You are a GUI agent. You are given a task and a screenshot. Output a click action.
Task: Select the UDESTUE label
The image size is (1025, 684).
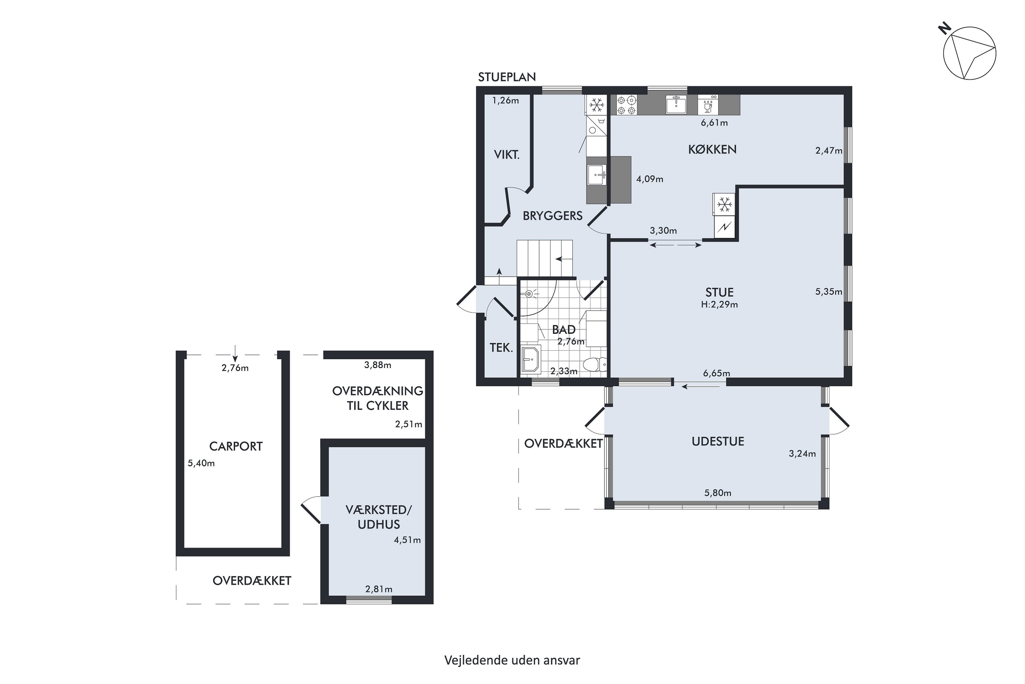(x=718, y=441)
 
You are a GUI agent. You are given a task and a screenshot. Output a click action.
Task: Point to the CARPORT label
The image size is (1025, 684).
(x=236, y=446)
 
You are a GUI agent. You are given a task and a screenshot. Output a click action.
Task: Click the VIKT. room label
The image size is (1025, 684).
(x=507, y=155)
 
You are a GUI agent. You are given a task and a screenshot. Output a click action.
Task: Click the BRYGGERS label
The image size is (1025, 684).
(x=552, y=215)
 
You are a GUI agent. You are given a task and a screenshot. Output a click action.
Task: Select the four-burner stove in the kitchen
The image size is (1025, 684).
(x=627, y=105)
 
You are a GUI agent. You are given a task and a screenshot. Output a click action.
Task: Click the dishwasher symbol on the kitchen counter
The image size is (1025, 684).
(x=708, y=105)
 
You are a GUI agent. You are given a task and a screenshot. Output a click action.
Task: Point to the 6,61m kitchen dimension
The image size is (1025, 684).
(x=714, y=122)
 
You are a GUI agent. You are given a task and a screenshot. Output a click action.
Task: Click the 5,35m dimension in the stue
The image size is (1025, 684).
(x=829, y=291)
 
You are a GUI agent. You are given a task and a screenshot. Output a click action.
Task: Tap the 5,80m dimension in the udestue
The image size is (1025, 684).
(x=718, y=493)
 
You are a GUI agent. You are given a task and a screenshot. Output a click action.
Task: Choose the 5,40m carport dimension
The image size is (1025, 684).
(x=201, y=463)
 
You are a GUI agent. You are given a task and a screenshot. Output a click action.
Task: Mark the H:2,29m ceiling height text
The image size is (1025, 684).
(x=720, y=304)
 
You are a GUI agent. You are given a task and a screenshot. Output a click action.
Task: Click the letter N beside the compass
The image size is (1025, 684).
(x=944, y=29)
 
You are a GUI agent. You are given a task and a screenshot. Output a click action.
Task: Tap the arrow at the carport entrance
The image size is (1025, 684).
(x=235, y=351)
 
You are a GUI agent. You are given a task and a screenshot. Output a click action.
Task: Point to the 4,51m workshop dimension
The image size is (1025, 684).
(x=408, y=540)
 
